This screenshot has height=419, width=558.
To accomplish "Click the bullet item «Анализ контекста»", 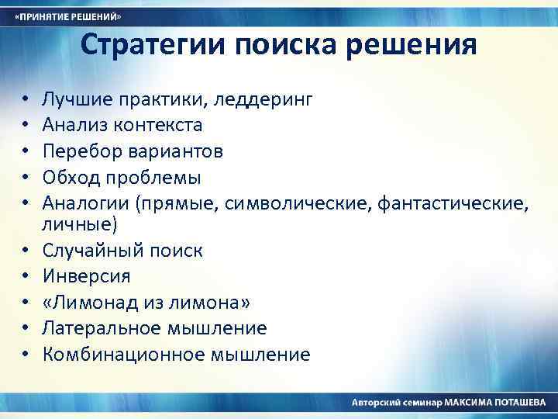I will click(122, 124).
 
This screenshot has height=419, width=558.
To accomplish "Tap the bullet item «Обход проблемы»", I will click(122, 178).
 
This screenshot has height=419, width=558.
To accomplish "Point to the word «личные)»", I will click(80, 224).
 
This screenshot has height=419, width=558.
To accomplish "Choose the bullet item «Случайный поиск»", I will click(122, 251).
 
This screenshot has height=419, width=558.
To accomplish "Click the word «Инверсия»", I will click(87, 276).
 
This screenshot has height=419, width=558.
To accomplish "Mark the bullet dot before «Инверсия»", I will click(25, 277).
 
